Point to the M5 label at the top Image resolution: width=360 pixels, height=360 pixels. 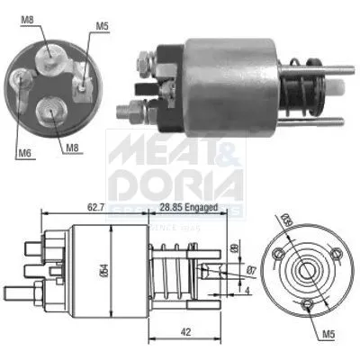point(103,26)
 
